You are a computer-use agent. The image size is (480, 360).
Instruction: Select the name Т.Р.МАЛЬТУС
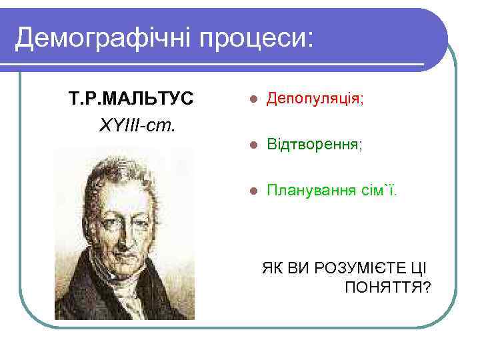coord(131,99)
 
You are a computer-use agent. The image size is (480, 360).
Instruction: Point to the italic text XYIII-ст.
coord(137,125)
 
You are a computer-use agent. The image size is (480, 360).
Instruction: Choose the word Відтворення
coord(313,144)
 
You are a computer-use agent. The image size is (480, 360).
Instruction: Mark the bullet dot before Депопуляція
coord(251,100)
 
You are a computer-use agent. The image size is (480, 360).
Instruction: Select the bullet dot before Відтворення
coord(251,145)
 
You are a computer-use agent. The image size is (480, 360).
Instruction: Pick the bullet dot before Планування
coord(251,191)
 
